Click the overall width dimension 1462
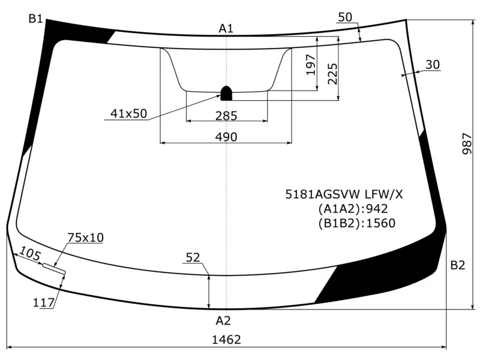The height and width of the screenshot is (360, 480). pyautogui.click(x=226, y=340)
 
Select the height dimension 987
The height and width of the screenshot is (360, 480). pyautogui.click(x=468, y=144)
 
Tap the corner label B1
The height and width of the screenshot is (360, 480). pyautogui.click(x=35, y=19)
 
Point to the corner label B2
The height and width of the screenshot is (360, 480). pyautogui.click(x=457, y=265)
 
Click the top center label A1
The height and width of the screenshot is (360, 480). pyautogui.click(x=226, y=28)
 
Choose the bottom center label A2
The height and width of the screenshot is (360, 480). pyautogui.click(x=223, y=320)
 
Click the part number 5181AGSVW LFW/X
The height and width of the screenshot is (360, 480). pyautogui.click(x=344, y=194)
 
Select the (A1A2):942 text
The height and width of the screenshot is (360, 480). pyautogui.click(x=353, y=209)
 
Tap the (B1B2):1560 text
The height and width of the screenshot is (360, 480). pyautogui.click(x=356, y=223)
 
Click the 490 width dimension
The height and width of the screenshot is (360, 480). pyautogui.click(x=226, y=137)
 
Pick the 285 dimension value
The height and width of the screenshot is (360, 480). pyautogui.click(x=226, y=115)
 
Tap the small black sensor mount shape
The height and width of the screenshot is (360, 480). pyautogui.click(x=227, y=93)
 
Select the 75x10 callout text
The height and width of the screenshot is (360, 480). pyautogui.click(x=85, y=238)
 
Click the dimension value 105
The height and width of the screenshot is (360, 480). pyautogui.click(x=30, y=253)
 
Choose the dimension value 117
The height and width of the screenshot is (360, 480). pyautogui.click(x=44, y=303)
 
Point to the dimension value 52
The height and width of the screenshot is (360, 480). pyautogui.click(x=193, y=257)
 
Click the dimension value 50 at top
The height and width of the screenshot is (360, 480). pyautogui.click(x=345, y=17)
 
